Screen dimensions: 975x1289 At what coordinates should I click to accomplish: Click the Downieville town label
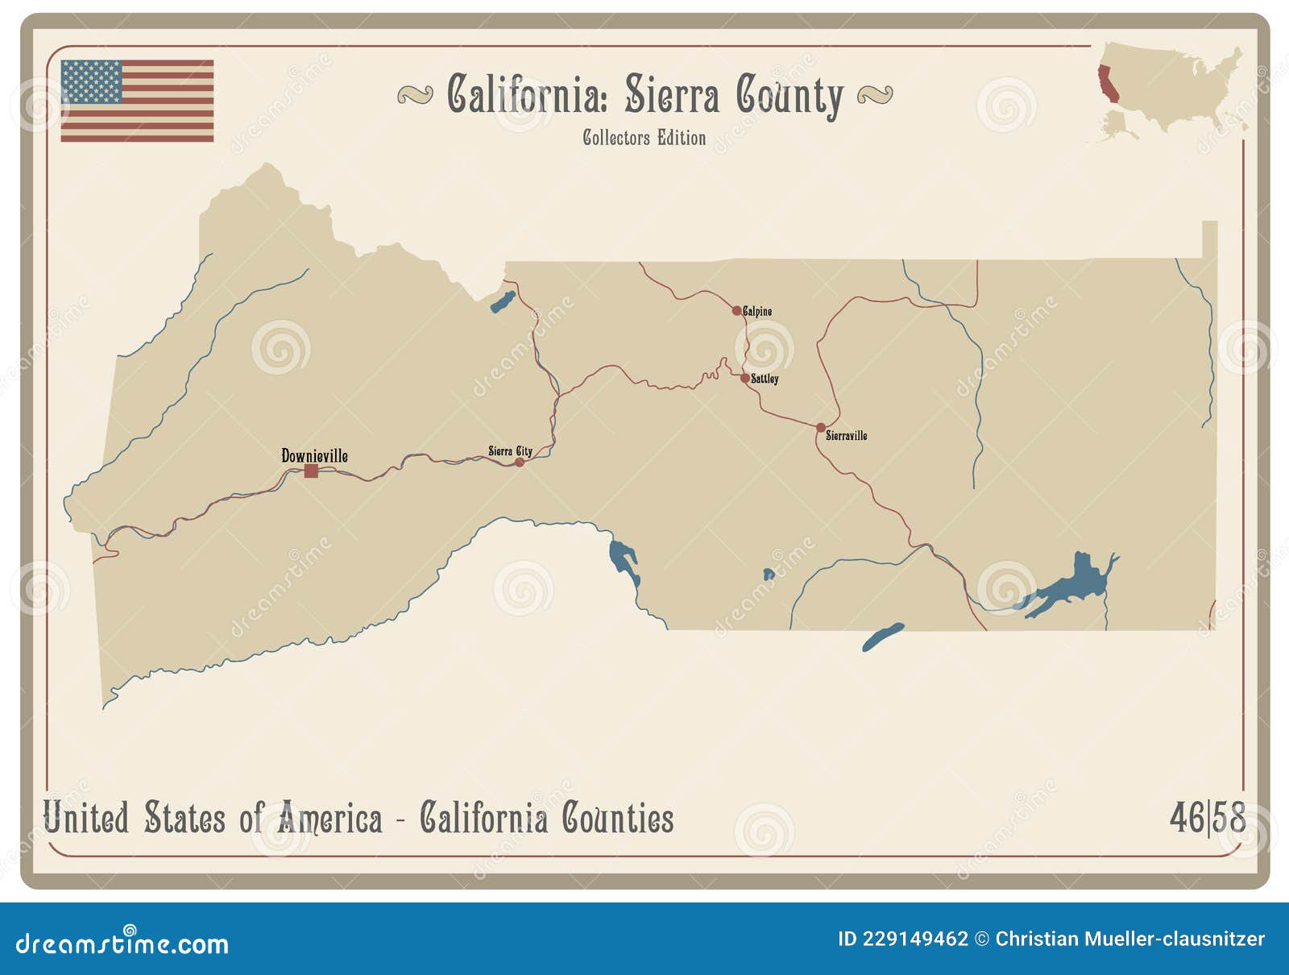pyautogui.click(x=314, y=456)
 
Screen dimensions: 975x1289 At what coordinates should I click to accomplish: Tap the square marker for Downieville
pyautogui.click(x=311, y=471)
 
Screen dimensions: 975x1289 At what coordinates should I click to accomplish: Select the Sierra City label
pyautogui.click(x=510, y=451)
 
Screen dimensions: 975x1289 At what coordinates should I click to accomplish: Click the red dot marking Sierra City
pyautogui.click(x=520, y=462)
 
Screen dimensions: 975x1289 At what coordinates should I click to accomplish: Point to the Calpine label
pyautogui.click(x=758, y=311)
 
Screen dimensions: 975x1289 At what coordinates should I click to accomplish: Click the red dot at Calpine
pyautogui.click(x=736, y=310)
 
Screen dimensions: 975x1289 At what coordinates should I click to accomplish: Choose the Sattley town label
pyautogui.click(x=765, y=379)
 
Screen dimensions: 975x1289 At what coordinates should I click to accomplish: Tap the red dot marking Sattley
pyautogui.click(x=744, y=377)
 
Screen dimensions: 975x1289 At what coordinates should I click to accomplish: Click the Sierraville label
pyautogui.click(x=847, y=436)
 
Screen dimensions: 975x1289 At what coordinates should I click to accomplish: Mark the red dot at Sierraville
pyautogui.click(x=820, y=428)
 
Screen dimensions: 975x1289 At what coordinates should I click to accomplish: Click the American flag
pyautogui.click(x=137, y=101)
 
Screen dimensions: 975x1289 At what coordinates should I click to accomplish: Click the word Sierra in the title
pyautogui.click(x=671, y=95)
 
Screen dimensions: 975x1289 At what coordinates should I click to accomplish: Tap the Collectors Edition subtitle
pyautogui.click(x=644, y=138)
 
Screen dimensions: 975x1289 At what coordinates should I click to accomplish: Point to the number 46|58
pyautogui.click(x=1206, y=818)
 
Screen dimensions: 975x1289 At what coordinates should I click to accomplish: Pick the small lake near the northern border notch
pyautogui.click(x=503, y=302)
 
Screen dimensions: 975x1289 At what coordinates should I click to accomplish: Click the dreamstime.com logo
pyautogui.click(x=122, y=942)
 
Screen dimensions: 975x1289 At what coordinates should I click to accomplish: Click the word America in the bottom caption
pyautogui.click(x=330, y=819)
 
